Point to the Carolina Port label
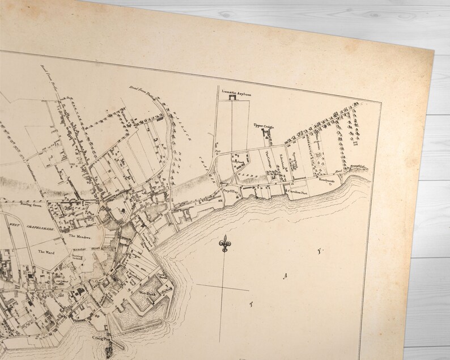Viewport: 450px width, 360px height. pyautogui.click(x=298, y=192)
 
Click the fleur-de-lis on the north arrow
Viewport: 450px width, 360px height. pyautogui.click(x=226, y=244)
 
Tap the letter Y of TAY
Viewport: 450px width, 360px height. pyautogui.click(x=319, y=251)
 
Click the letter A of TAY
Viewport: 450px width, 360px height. pyautogui.click(x=287, y=276)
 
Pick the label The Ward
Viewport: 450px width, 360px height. pyautogui.click(x=46, y=251)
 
